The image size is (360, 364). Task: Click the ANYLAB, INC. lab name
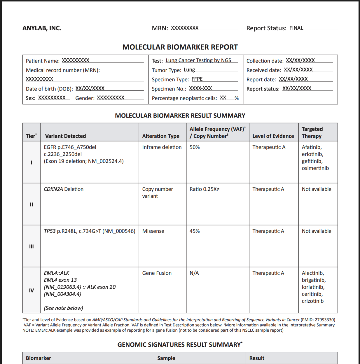pyautogui.click(x=42, y=28)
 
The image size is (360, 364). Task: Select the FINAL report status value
pyautogui.click(x=296, y=28)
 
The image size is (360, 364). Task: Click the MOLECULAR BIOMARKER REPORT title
pyautogui.click(x=180, y=47)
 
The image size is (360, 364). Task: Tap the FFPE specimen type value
pyautogui.click(x=197, y=79)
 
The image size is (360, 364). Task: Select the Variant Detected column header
pyautogui.click(x=65, y=136)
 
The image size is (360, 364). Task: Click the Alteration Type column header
pyautogui.click(x=161, y=136)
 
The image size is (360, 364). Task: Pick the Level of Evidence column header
pyautogui.click(x=273, y=136)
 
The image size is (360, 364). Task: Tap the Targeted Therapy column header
pyautogui.click(x=312, y=133)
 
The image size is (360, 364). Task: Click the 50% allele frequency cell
pyautogui.click(x=195, y=147)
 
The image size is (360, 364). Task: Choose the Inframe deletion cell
pyautogui.click(x=162, y=147)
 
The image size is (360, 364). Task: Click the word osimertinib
pyautogui.click(x=315, y=168)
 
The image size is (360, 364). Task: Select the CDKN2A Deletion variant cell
pyautogui.click(x=64, y=189)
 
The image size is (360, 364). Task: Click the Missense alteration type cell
pyautogui.click(x=153, y=231)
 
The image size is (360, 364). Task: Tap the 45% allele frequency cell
pyautogui.click(x=195, y=231)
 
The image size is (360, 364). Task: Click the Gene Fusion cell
pyautogui.click(x=157, y=273)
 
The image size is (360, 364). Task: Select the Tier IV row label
pyautogui.click(x=31, y=290)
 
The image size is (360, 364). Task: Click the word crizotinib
pyautogui.click(x=313, y=301)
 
